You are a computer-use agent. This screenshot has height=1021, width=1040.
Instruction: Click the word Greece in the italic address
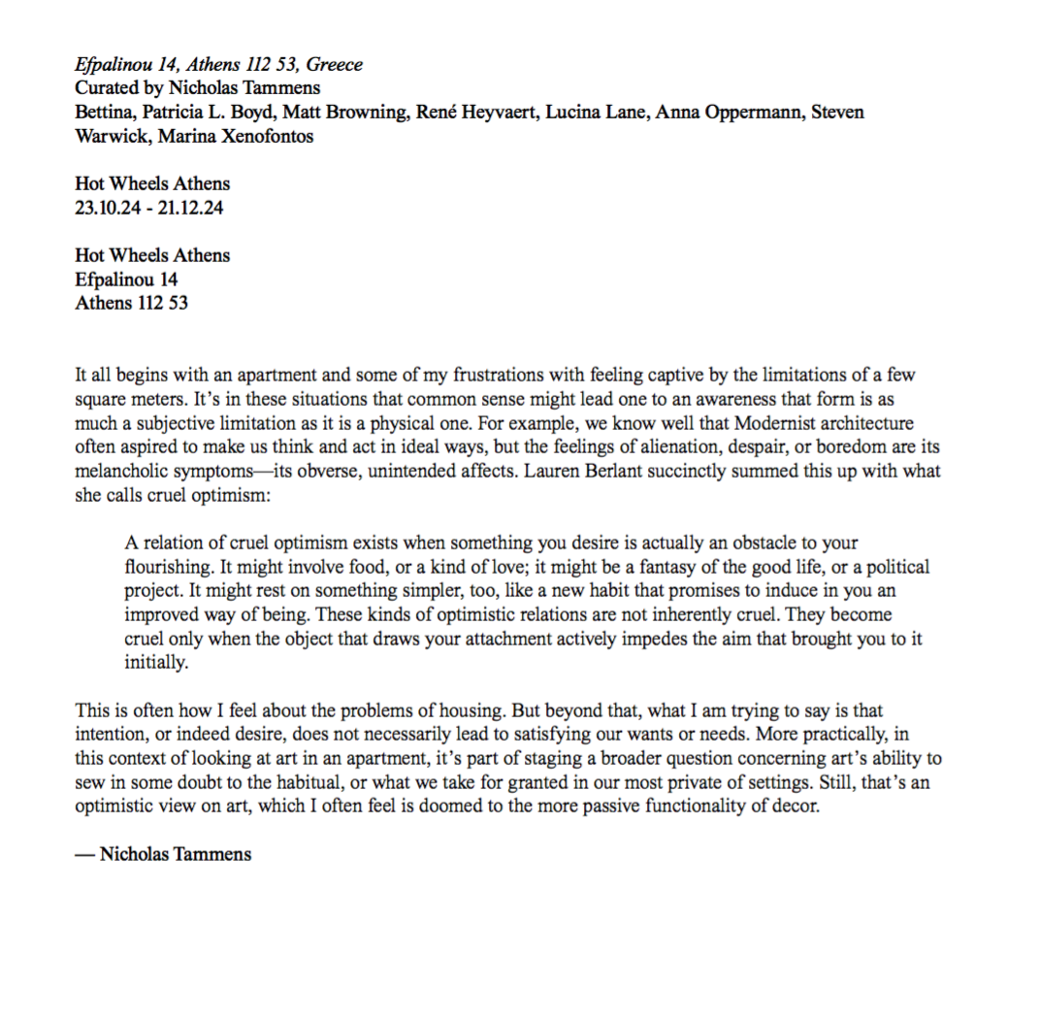[x=335, y=65]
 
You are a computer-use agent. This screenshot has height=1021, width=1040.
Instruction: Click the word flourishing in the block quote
[x=169, y=566]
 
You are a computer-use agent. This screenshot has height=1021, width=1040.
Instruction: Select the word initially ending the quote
[x=154, y=662]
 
